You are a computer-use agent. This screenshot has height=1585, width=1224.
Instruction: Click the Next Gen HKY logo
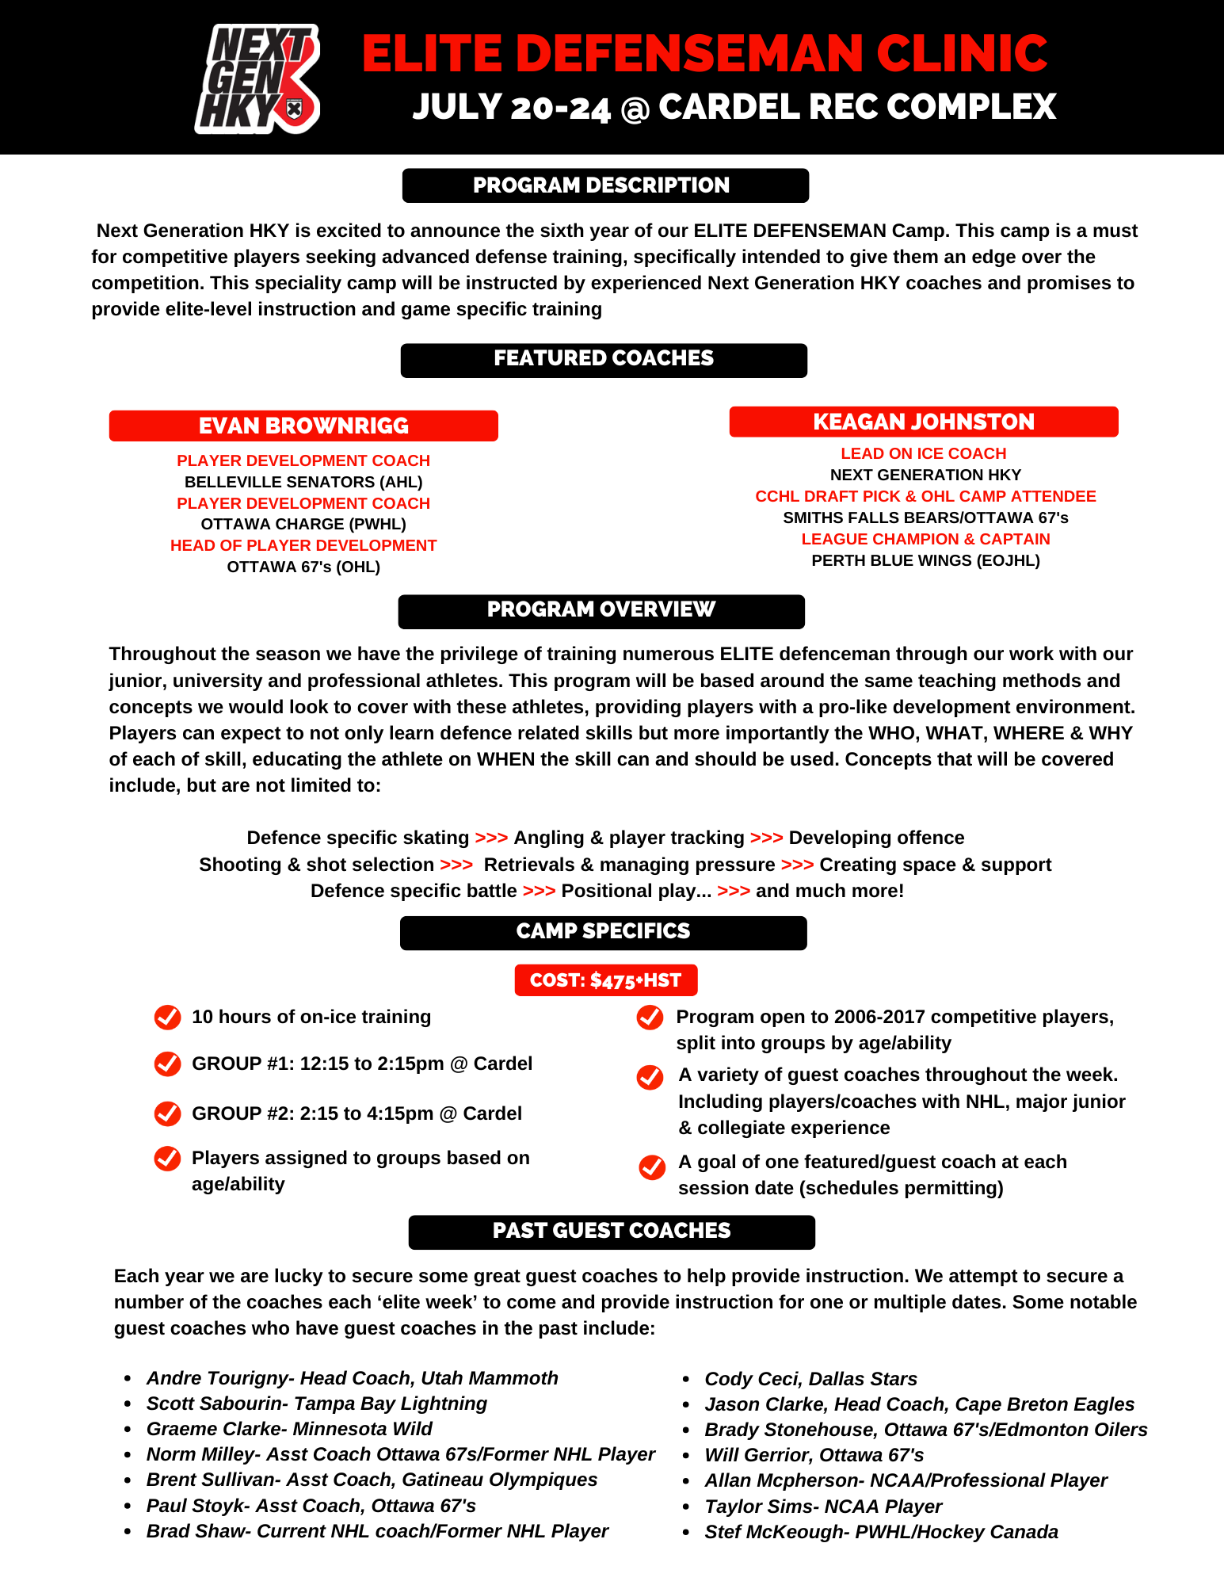257,78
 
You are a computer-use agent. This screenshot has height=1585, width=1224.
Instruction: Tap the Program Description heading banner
605,185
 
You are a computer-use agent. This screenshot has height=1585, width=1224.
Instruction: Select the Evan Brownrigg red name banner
303,426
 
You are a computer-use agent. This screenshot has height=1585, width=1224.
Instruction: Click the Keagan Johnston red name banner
924,422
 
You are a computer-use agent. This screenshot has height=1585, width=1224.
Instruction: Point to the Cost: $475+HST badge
606,980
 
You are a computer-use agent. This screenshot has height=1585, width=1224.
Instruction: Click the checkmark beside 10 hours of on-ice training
167,1017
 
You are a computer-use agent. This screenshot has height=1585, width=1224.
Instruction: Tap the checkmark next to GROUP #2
167,1113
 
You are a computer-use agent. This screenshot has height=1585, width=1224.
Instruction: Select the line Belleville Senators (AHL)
303,482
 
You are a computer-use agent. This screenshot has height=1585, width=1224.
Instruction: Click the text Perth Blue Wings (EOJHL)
925,560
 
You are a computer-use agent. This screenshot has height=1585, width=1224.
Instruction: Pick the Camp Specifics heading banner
604,932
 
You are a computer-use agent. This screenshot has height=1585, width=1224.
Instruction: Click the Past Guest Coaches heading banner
612,1232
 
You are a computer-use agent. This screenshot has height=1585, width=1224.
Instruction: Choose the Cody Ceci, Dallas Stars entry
810,1379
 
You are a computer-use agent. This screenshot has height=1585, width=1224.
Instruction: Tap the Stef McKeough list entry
881,1532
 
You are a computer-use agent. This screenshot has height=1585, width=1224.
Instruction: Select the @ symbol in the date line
635,109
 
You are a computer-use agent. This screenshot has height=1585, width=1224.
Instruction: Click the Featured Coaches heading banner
604,360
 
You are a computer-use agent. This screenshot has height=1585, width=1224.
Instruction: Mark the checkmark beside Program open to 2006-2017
650,1018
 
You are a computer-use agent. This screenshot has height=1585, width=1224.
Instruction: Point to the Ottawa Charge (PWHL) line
303,524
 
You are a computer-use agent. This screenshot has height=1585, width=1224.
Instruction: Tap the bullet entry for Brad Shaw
377,1531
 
